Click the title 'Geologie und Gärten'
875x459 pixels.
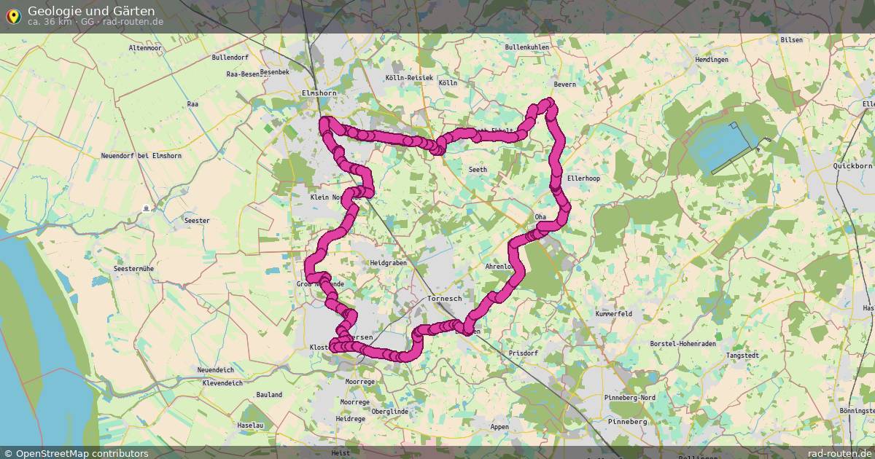[x=91, y=10]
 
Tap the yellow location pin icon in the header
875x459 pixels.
[x=12, y=15]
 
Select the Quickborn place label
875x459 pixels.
[x=852, y=166]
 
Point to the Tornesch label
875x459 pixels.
[x=444, y=299]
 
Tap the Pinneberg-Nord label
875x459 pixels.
[x=629, y=398]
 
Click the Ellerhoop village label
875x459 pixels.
[x=583, y=178]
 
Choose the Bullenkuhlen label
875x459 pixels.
[x=526, y=47]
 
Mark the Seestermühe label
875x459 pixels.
[x=133, y=269]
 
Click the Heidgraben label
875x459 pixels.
[x=388, y=263]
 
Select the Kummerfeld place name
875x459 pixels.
[x=613, y=314]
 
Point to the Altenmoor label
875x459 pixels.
[x=145, y=48]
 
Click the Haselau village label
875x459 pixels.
[x=250, y=425]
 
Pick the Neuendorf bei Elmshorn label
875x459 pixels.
[x=141, y=156]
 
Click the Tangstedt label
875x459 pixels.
[x=742, y=356]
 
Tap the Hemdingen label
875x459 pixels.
[x=712, y=60]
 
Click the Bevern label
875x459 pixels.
[x=564, y=85]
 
